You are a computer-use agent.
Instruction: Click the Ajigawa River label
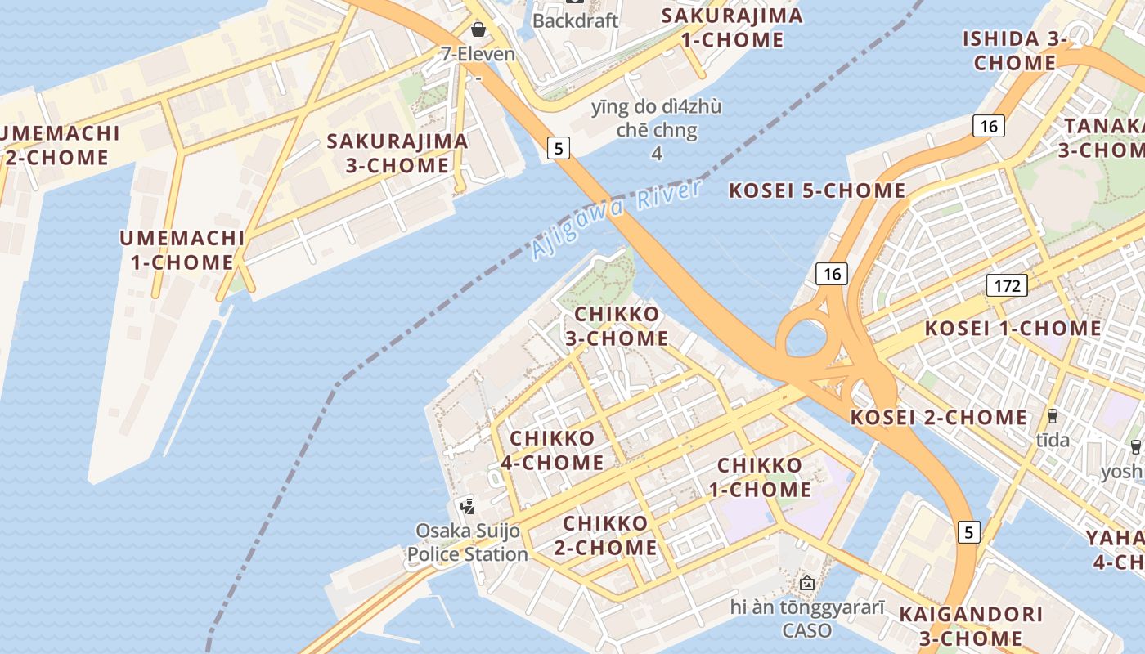(616, 218)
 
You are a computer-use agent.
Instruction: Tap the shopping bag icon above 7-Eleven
(478, 30)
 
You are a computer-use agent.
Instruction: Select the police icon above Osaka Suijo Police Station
(468, 506)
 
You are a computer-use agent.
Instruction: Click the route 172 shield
(1007, 285)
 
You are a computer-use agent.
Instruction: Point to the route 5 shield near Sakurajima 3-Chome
(559, 148)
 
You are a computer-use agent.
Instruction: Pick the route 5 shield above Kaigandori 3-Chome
(968, 532)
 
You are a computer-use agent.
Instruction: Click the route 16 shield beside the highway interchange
(832, 274)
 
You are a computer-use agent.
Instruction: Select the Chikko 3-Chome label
(617, 326)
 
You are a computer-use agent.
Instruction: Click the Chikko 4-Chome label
(552, 450)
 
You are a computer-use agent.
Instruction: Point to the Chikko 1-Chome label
(764, 477)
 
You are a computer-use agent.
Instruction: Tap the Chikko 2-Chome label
(605, 535)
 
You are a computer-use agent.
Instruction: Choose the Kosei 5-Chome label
(817, 190)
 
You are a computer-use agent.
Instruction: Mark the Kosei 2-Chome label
(939, 417)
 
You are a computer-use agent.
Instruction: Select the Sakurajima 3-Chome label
(397, 153)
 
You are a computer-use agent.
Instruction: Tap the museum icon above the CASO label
(807, 584)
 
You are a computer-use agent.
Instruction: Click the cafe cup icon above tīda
(1052, 416)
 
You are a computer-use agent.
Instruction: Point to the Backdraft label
(575, 20)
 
